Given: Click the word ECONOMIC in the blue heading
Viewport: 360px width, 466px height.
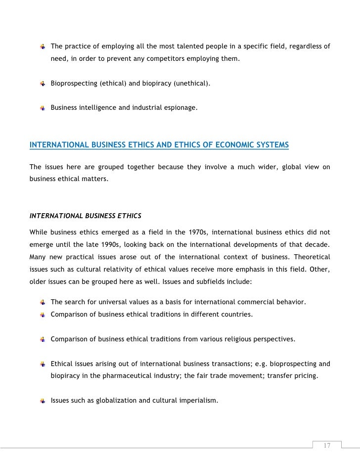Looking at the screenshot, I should pyautogui.click(x=230, y=145).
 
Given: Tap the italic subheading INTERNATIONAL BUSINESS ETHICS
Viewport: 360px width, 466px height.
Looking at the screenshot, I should pyautogui.click(x=85, y=216).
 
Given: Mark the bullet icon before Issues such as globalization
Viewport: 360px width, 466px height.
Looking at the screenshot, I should pyautogui.click(x=43, y=400).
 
